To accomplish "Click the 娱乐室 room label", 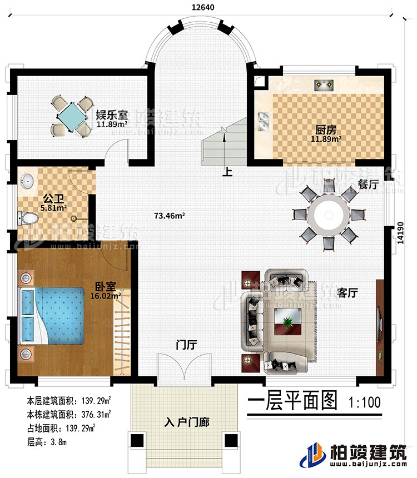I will [x=112, y=115].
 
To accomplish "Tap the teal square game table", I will [x=69, y=116].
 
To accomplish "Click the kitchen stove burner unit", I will [x=324, y=85].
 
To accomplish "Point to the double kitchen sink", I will [x=264, y=121].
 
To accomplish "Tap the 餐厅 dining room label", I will [x=368, y=186].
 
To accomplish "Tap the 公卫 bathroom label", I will [x=52, y=197].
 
